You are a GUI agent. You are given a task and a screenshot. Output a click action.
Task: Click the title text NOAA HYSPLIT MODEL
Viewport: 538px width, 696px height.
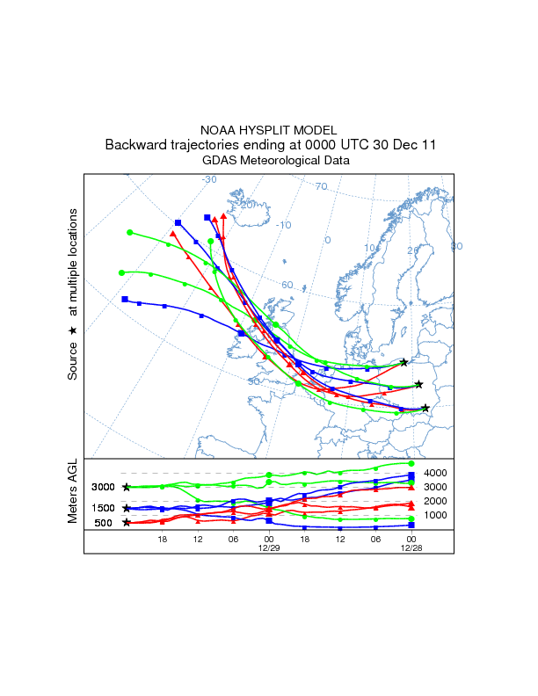pyautogui.click(x=269, y=131)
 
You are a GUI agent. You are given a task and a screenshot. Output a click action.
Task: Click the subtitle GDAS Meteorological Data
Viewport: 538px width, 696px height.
pyautogui.click(x=276, y=161)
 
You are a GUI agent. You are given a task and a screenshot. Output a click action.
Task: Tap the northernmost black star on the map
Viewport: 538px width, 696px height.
pyautogui.click(x=403, y=362)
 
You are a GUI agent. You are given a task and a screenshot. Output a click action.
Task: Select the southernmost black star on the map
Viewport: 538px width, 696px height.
pyautogui.click(x=425, y=408)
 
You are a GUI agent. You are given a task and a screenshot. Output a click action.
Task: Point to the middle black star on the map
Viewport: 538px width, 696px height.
pyautogui.click(x=418, y=384)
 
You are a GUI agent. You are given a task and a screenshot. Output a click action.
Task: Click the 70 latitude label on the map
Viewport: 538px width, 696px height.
pyautogui.click(x=321, y=186)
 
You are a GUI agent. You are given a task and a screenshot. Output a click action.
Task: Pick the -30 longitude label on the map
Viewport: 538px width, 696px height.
pyautogui.click(x=209, y=179)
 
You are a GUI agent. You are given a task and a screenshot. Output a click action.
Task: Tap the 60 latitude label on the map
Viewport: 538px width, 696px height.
pyautogui.click(x=287, y=285)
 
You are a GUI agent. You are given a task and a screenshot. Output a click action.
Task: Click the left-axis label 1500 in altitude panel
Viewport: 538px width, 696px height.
pyautogui.click(x=104, y=509)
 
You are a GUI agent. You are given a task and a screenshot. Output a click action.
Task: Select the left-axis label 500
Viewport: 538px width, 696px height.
pyautogui.click(x=104, y=524)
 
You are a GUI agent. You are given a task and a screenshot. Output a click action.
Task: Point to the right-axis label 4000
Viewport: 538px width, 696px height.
pyautogui.click(x=436, y=474)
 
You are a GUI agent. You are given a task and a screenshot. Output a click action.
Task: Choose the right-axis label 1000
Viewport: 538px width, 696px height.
pyautogui.click(x=436, y=515)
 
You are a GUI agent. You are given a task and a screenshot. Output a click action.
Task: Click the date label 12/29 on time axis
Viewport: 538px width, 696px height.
pyautogui.click(x=268, y=547)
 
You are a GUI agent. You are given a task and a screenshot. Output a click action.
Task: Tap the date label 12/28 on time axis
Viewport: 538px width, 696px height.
pyautogui.click(x=411, y=547)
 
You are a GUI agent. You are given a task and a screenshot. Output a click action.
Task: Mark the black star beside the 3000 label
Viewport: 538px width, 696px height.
pyautogui.click(x=127, y=487)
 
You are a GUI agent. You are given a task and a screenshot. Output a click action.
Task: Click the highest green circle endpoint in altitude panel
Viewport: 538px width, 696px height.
pyautogui.click(x=411, y=463)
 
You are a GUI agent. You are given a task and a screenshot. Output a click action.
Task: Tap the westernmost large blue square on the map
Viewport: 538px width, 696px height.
pyautogui.click(x=125, y=300)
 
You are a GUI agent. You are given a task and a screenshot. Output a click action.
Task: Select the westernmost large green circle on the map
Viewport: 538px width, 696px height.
pyautogui.click(x=122, y=272)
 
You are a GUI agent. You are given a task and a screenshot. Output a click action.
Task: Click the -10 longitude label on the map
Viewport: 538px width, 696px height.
pyautogui.click(x=283, y=225)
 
